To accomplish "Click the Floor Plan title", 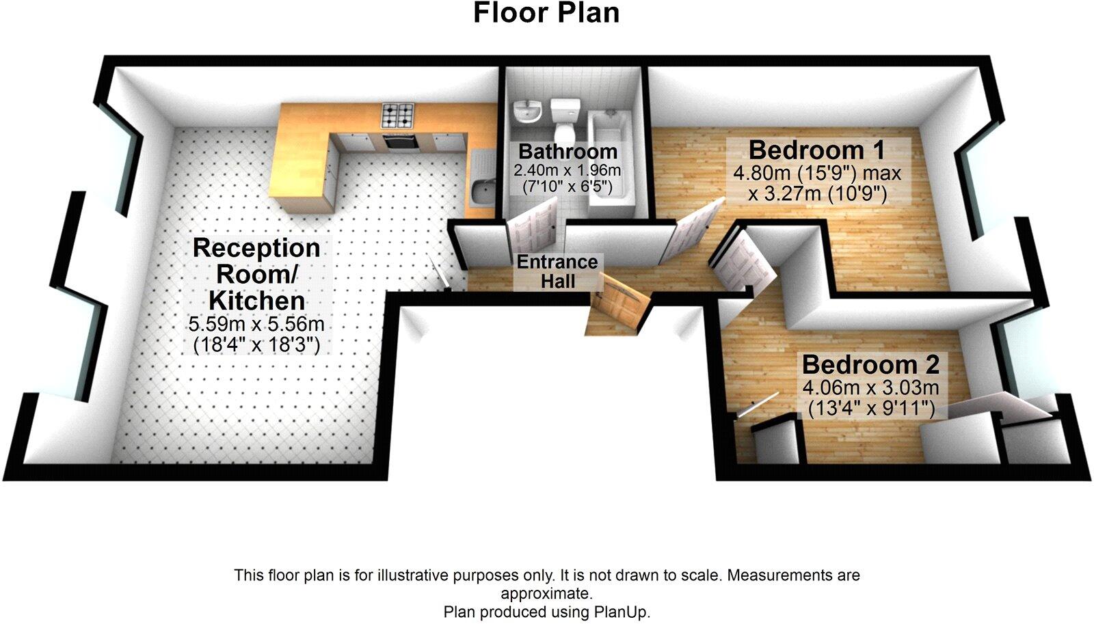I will coord(546,13).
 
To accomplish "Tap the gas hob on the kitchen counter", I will coord(398,116).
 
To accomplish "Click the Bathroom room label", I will coord(568,151).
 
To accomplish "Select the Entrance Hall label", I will coord(557,271).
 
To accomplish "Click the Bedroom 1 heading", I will coord(816,150).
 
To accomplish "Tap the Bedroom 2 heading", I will coord(870,364).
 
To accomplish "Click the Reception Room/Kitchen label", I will coord(256,274).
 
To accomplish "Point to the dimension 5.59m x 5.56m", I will coord(256,324).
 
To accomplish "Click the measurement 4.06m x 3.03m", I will coord(870,388).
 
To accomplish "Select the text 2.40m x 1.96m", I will coord(568,169).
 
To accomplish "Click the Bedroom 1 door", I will coord(693,231).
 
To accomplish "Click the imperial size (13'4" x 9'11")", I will coord(870,409).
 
